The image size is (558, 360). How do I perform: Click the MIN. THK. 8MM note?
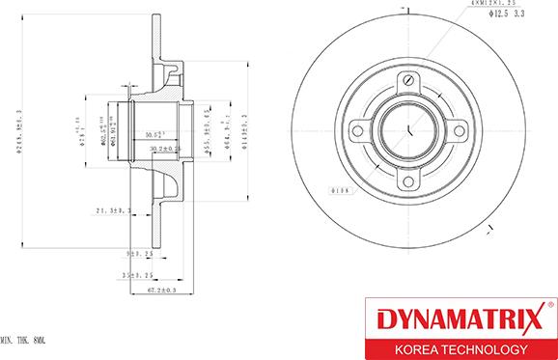(x=23, y=341)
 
